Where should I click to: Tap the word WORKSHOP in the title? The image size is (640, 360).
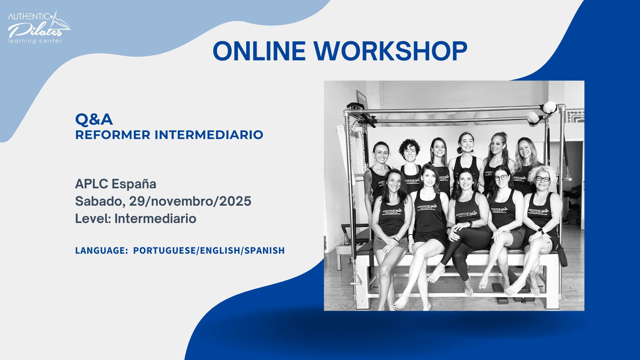coord(390,51)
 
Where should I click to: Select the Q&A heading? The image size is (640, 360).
coord(94,119)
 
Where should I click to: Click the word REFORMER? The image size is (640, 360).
coord(113,135)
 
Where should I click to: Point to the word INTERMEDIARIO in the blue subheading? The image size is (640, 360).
coord(209,135)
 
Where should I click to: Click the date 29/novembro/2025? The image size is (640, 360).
coord(190,201)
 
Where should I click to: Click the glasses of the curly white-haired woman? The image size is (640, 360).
coord(543,179)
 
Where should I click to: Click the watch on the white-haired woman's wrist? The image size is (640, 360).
coord(541,231)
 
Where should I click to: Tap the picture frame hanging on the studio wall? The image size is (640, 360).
coord(362,99)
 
